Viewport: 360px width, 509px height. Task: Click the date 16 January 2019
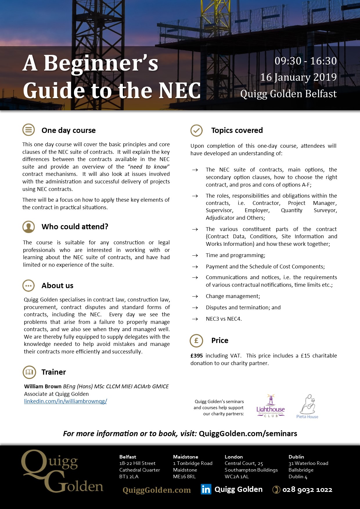coord(298,77)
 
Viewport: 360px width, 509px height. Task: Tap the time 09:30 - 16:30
coord(305,61)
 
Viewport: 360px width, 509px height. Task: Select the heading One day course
coord(69,130)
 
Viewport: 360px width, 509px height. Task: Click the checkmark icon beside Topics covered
coord(197,130)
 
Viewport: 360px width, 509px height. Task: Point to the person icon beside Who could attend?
coord(28,227)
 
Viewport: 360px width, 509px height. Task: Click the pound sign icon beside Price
coord(196,340)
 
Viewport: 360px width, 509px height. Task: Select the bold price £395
coord(197,356)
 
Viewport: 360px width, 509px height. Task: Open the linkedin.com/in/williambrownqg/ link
coord(66,401)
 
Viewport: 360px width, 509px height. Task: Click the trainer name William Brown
coord(43,387)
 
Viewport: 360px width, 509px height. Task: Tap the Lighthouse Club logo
coord(271,407)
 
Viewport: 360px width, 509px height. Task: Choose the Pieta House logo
coord(307,407)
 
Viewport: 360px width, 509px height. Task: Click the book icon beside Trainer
coord(29,372)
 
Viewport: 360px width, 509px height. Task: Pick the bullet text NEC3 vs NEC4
coord(224,319)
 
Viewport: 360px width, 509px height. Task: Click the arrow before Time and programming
coord(195,255)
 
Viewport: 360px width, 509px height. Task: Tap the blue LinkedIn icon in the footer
coord(206,490)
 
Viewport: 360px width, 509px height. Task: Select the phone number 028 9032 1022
coord(307,490)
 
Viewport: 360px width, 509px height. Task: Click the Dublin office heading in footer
coord(296,457)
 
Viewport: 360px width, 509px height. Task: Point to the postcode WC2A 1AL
coord(237,476)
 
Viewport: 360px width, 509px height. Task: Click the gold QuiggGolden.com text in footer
coord(156,490)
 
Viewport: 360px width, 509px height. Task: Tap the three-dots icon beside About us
coord(28,286)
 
